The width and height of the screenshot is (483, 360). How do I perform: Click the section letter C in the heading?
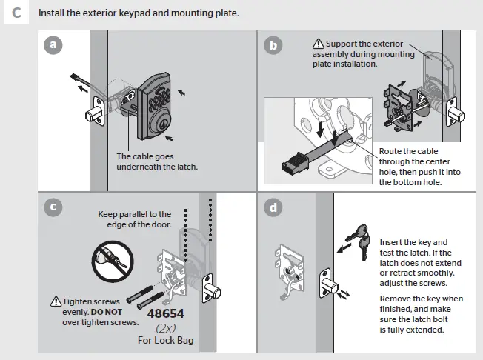click(16, 13)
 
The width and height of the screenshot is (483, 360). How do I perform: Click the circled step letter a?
click(51, 45)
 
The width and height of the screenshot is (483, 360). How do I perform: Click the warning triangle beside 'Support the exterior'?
click(319, 44)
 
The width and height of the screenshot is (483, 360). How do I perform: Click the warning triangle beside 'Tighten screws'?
click(56, 301)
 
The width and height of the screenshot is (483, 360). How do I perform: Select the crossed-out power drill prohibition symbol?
click(111, 260)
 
